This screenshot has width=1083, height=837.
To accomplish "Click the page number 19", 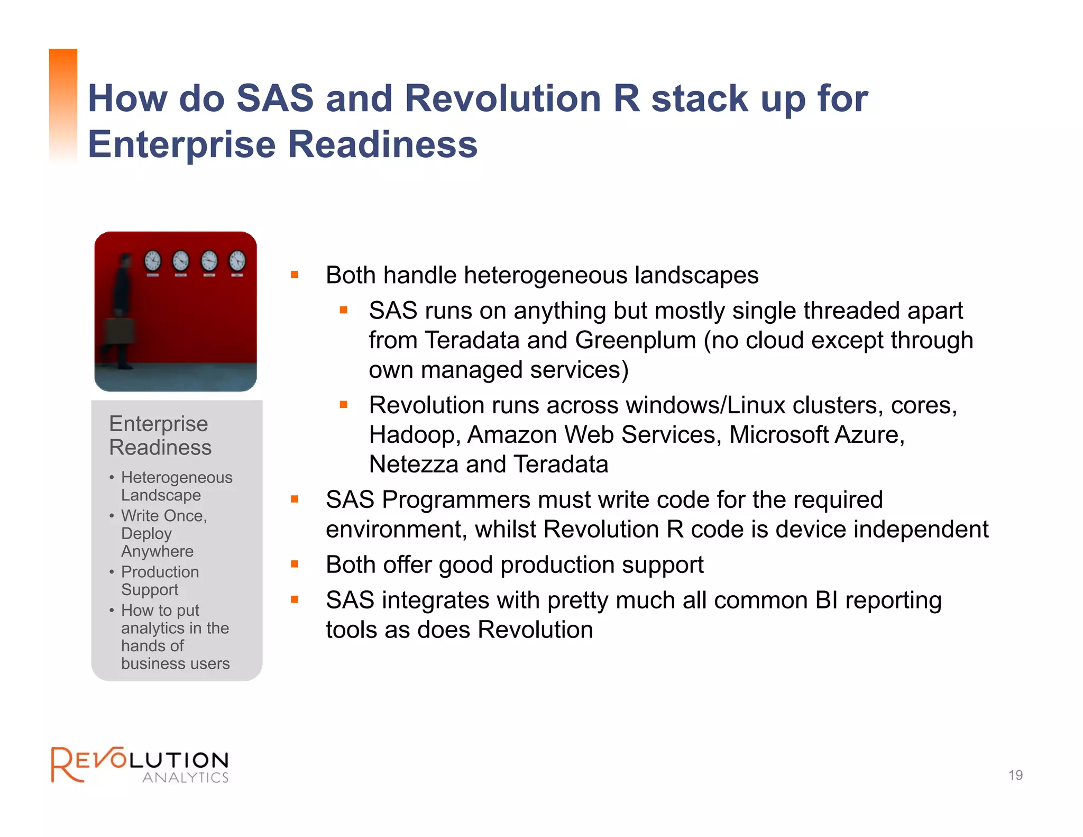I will [1015, 775].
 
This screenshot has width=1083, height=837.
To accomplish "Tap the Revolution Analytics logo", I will [140, 765].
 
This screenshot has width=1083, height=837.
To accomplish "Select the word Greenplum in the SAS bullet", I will [635, 340].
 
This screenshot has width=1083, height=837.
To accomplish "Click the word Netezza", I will [413, 465].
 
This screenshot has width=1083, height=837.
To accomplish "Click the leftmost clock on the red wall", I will [152, 261].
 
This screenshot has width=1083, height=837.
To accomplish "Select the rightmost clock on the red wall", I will [237, 261].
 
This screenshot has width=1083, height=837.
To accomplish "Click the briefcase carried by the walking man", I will [119, 331].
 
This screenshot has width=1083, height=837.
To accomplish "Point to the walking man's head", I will [125, 260].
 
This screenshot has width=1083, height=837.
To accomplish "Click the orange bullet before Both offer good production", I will [295, 565].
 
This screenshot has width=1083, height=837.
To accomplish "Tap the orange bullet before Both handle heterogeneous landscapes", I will [295, 275].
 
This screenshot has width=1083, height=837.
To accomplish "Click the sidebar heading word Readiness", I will [160, 448].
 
